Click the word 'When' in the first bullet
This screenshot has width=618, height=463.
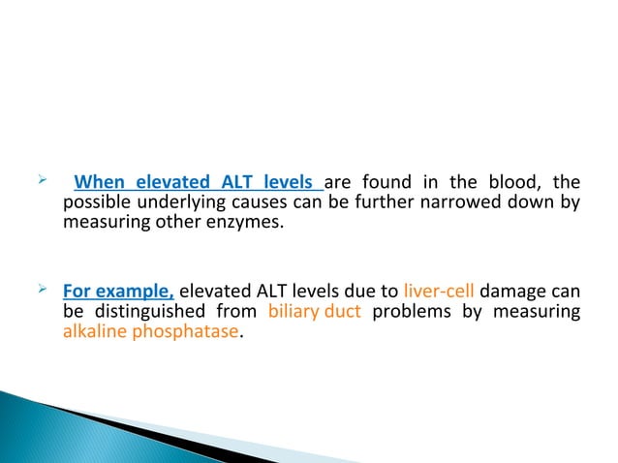(101, 182)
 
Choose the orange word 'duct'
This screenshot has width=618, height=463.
(342, 310)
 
